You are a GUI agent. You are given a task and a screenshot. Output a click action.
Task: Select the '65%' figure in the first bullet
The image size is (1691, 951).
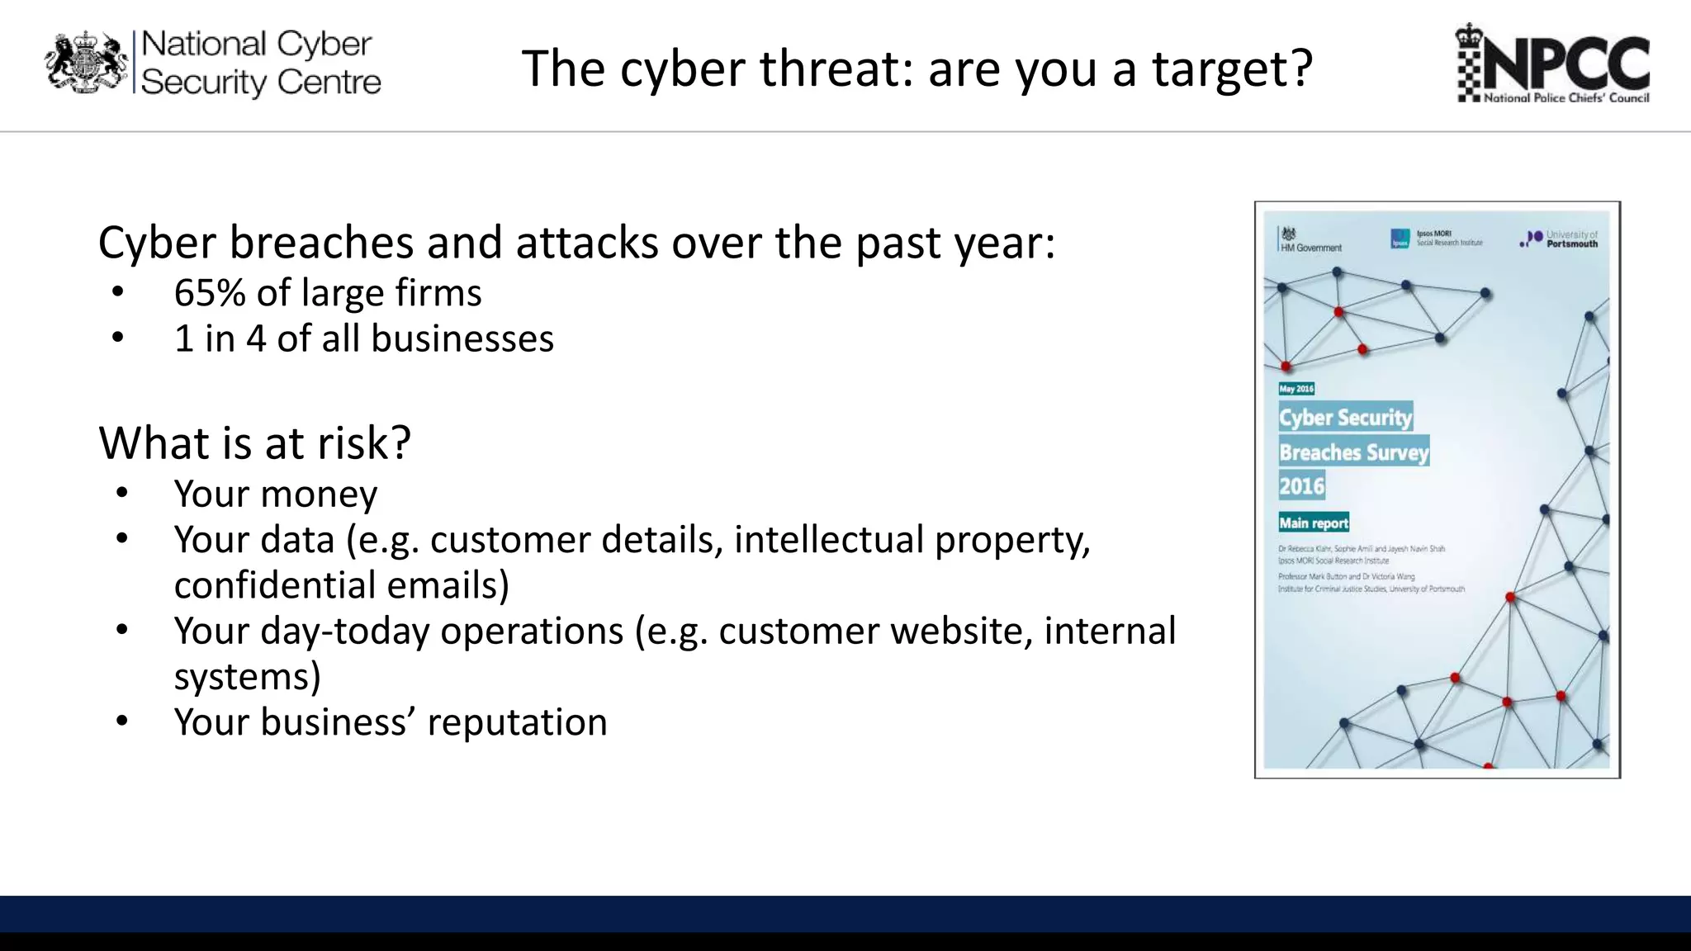pos(209,293)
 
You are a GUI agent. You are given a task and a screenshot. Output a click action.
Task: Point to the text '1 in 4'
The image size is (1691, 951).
pos(220,339)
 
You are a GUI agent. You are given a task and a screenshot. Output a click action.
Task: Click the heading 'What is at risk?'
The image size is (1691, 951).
pos(254,443)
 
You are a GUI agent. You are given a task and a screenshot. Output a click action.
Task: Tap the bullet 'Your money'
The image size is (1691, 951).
pos(275,494)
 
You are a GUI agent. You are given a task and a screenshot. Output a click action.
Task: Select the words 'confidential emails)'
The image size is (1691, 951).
pos(341,585)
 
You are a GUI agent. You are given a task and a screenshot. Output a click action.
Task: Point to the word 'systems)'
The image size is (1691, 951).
pos(247,677)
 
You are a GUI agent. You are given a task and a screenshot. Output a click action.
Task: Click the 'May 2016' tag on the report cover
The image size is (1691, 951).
pos(1295,389)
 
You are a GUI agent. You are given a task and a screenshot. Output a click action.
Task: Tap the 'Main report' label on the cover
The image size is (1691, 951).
pos(1313,523)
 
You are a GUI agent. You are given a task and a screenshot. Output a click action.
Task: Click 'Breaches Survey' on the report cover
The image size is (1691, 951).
pos(1353,452)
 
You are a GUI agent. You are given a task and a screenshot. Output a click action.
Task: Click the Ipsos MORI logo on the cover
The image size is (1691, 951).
pos(1436,239)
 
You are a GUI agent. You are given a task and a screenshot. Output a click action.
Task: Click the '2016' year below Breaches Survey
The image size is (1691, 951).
pos(1301,486)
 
